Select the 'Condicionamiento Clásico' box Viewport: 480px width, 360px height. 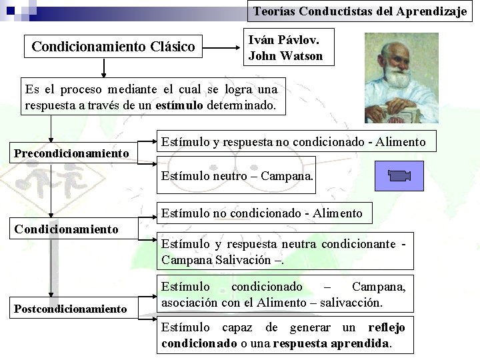[x=113, y=47]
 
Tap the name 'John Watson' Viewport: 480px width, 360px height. [x=285, y=56]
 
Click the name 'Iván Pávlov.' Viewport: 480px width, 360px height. [x=281, y=41]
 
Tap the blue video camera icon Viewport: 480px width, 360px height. [x=399, y=177]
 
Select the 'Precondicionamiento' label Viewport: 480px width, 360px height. [x=72, y=153]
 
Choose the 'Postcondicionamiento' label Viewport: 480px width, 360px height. [x=71, y=308]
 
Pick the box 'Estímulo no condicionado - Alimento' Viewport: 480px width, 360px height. [x=261, y=213]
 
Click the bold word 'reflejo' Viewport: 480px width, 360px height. [x=386, y=327]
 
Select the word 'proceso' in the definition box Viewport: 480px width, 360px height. [x=79, y=89]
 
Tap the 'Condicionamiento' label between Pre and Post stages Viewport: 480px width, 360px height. [x=66, y=229]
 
